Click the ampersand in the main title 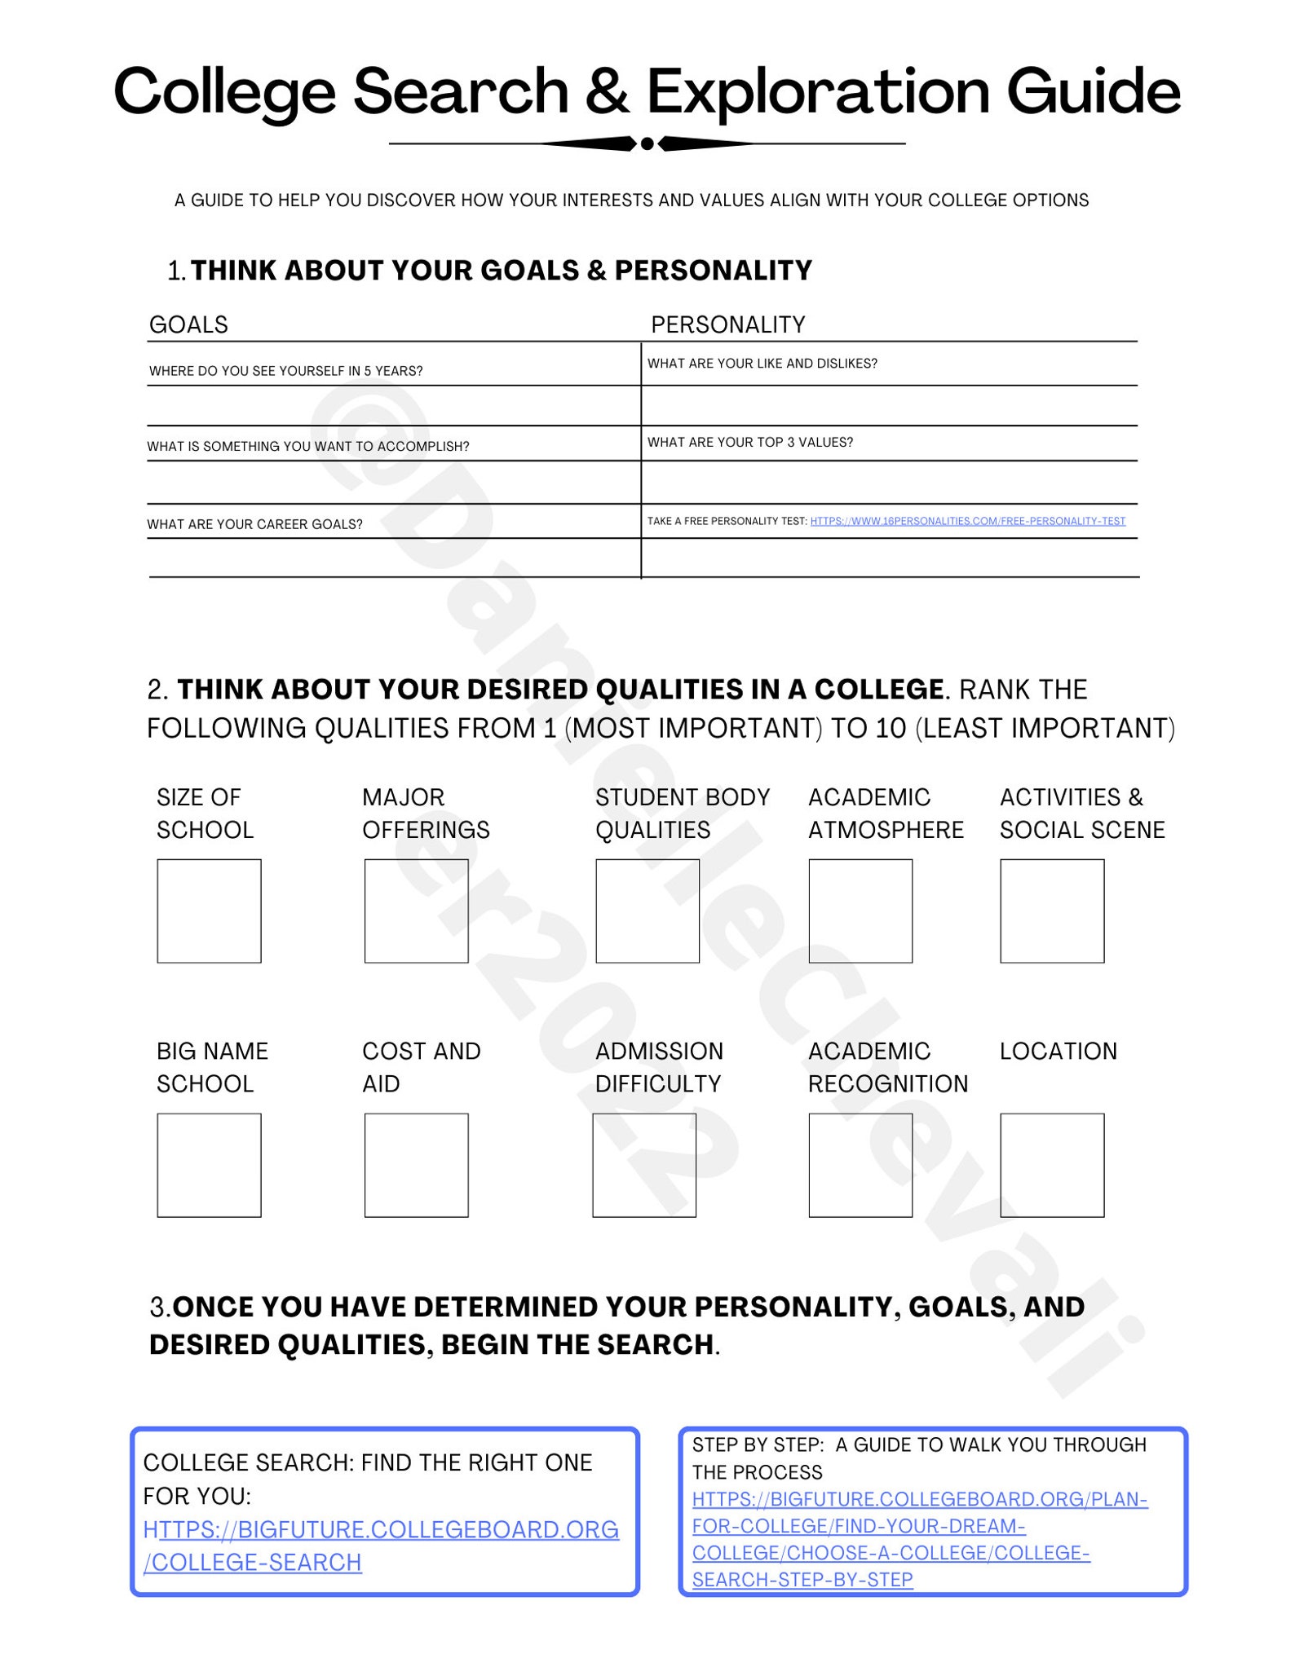(x=607, y=91)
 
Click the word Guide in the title (x=1093, y=91)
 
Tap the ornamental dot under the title (x=647, y=144)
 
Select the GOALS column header (x=188, y=324)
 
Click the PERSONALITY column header (x=727, y=324)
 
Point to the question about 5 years (x=285, y=371)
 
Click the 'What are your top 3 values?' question (x=749, y=442)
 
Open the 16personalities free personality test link (x=967, y=521)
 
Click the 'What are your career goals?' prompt (x=254, y=524)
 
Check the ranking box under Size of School (x=209, y=911)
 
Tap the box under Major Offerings (x=416, y=911)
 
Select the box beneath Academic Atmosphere (x=860, y=911)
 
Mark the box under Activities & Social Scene (x=1052, y=911)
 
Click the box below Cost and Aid (x=416, y=1165)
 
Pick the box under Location (x=1052, y=1165)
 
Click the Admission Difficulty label (x=659, y=1067)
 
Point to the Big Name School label (x=212, y=1067)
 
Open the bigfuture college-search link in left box (x=380, y=1546)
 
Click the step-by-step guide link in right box (x=919, y=1539)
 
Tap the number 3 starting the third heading (x=157, y=1307)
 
